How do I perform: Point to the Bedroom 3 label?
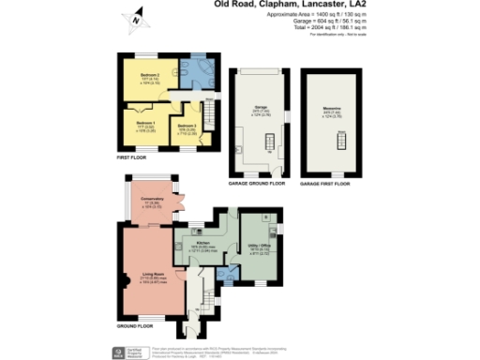(x=186, y=125)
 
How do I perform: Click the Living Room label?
(x=142, y=277)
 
